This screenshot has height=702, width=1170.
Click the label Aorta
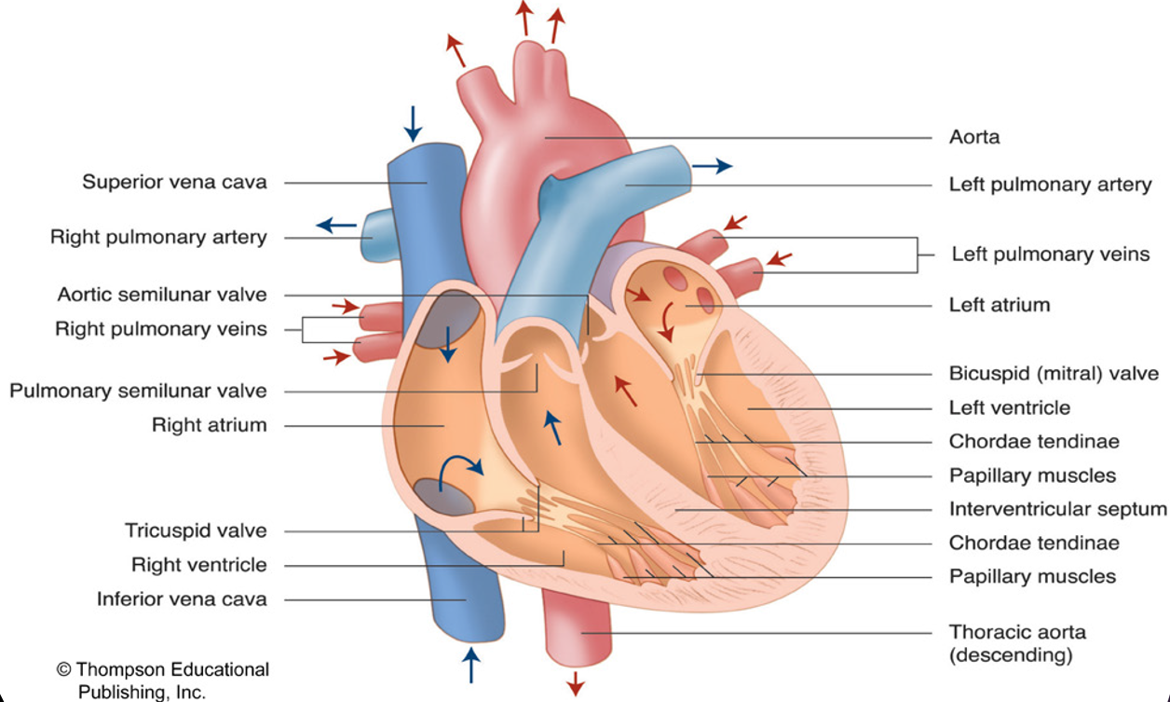point(974,137)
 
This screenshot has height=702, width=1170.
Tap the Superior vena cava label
point(174,182)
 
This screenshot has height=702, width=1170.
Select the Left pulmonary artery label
point(1050,185)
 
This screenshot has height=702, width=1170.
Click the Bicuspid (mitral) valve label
point(1054,374)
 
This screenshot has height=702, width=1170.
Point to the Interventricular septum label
point(1057,509)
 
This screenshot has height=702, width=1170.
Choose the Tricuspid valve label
point(196,530)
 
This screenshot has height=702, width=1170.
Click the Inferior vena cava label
point(182,599)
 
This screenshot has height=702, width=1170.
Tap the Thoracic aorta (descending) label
point(1017,643)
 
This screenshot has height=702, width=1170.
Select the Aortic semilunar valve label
point(162,295)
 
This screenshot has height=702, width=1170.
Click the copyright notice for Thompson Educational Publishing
point(163,681)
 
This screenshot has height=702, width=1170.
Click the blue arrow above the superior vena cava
point(413,122)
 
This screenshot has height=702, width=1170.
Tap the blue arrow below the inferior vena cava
point(471,665)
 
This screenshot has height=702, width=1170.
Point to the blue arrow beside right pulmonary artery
point(336,225)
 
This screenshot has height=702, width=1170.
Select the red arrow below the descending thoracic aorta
point(576,682)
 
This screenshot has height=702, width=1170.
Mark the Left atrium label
point(999,305)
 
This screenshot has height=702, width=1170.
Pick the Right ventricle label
point(198,565)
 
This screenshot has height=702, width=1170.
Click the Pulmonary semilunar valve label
point(138,391)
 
